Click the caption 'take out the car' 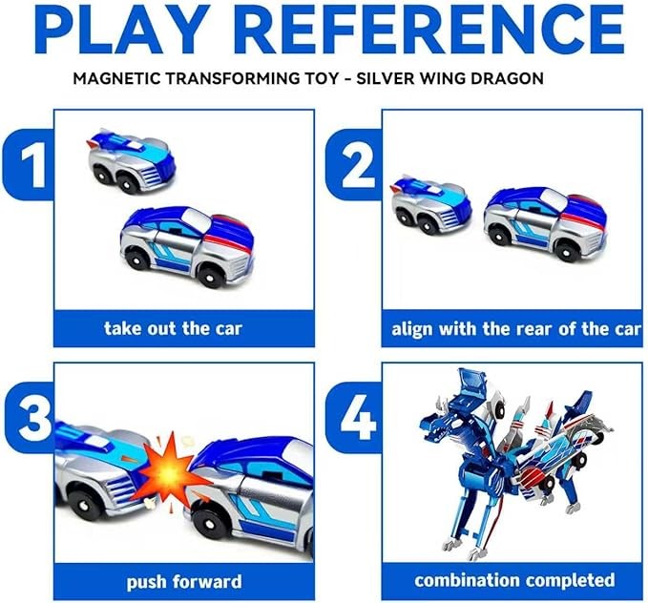coord(173,328)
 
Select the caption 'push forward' coord(184,581)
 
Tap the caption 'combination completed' coord(514,580)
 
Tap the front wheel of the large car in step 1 coord(211,273)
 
